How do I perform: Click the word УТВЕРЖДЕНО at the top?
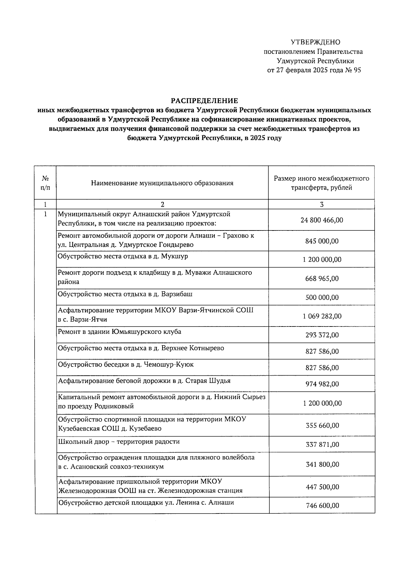click(315, 42)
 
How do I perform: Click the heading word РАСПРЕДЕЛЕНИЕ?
click(204, 101)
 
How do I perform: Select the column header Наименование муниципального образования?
click(162, 183)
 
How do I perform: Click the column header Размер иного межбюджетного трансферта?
click(322, 183)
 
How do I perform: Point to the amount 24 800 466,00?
click(322, 220)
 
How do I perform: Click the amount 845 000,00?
click(322, 241)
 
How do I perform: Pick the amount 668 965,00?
click(322, 278)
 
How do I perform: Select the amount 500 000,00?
click(322, 297)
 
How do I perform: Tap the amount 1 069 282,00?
click(322, 316)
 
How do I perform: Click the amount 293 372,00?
click(322, 335)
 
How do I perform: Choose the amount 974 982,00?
click(322, 384)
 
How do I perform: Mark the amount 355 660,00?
click(322, 426)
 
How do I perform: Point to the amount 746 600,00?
click(322, 505)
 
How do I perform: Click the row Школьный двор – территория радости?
click(119, 442)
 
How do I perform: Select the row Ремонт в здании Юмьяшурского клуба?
click(120, 332)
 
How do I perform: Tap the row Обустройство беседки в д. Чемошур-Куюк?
click(126, 364)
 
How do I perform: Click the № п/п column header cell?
click(45, 183)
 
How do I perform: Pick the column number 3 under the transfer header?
click(322, 204)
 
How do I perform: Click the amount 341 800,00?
click(322, 464)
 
